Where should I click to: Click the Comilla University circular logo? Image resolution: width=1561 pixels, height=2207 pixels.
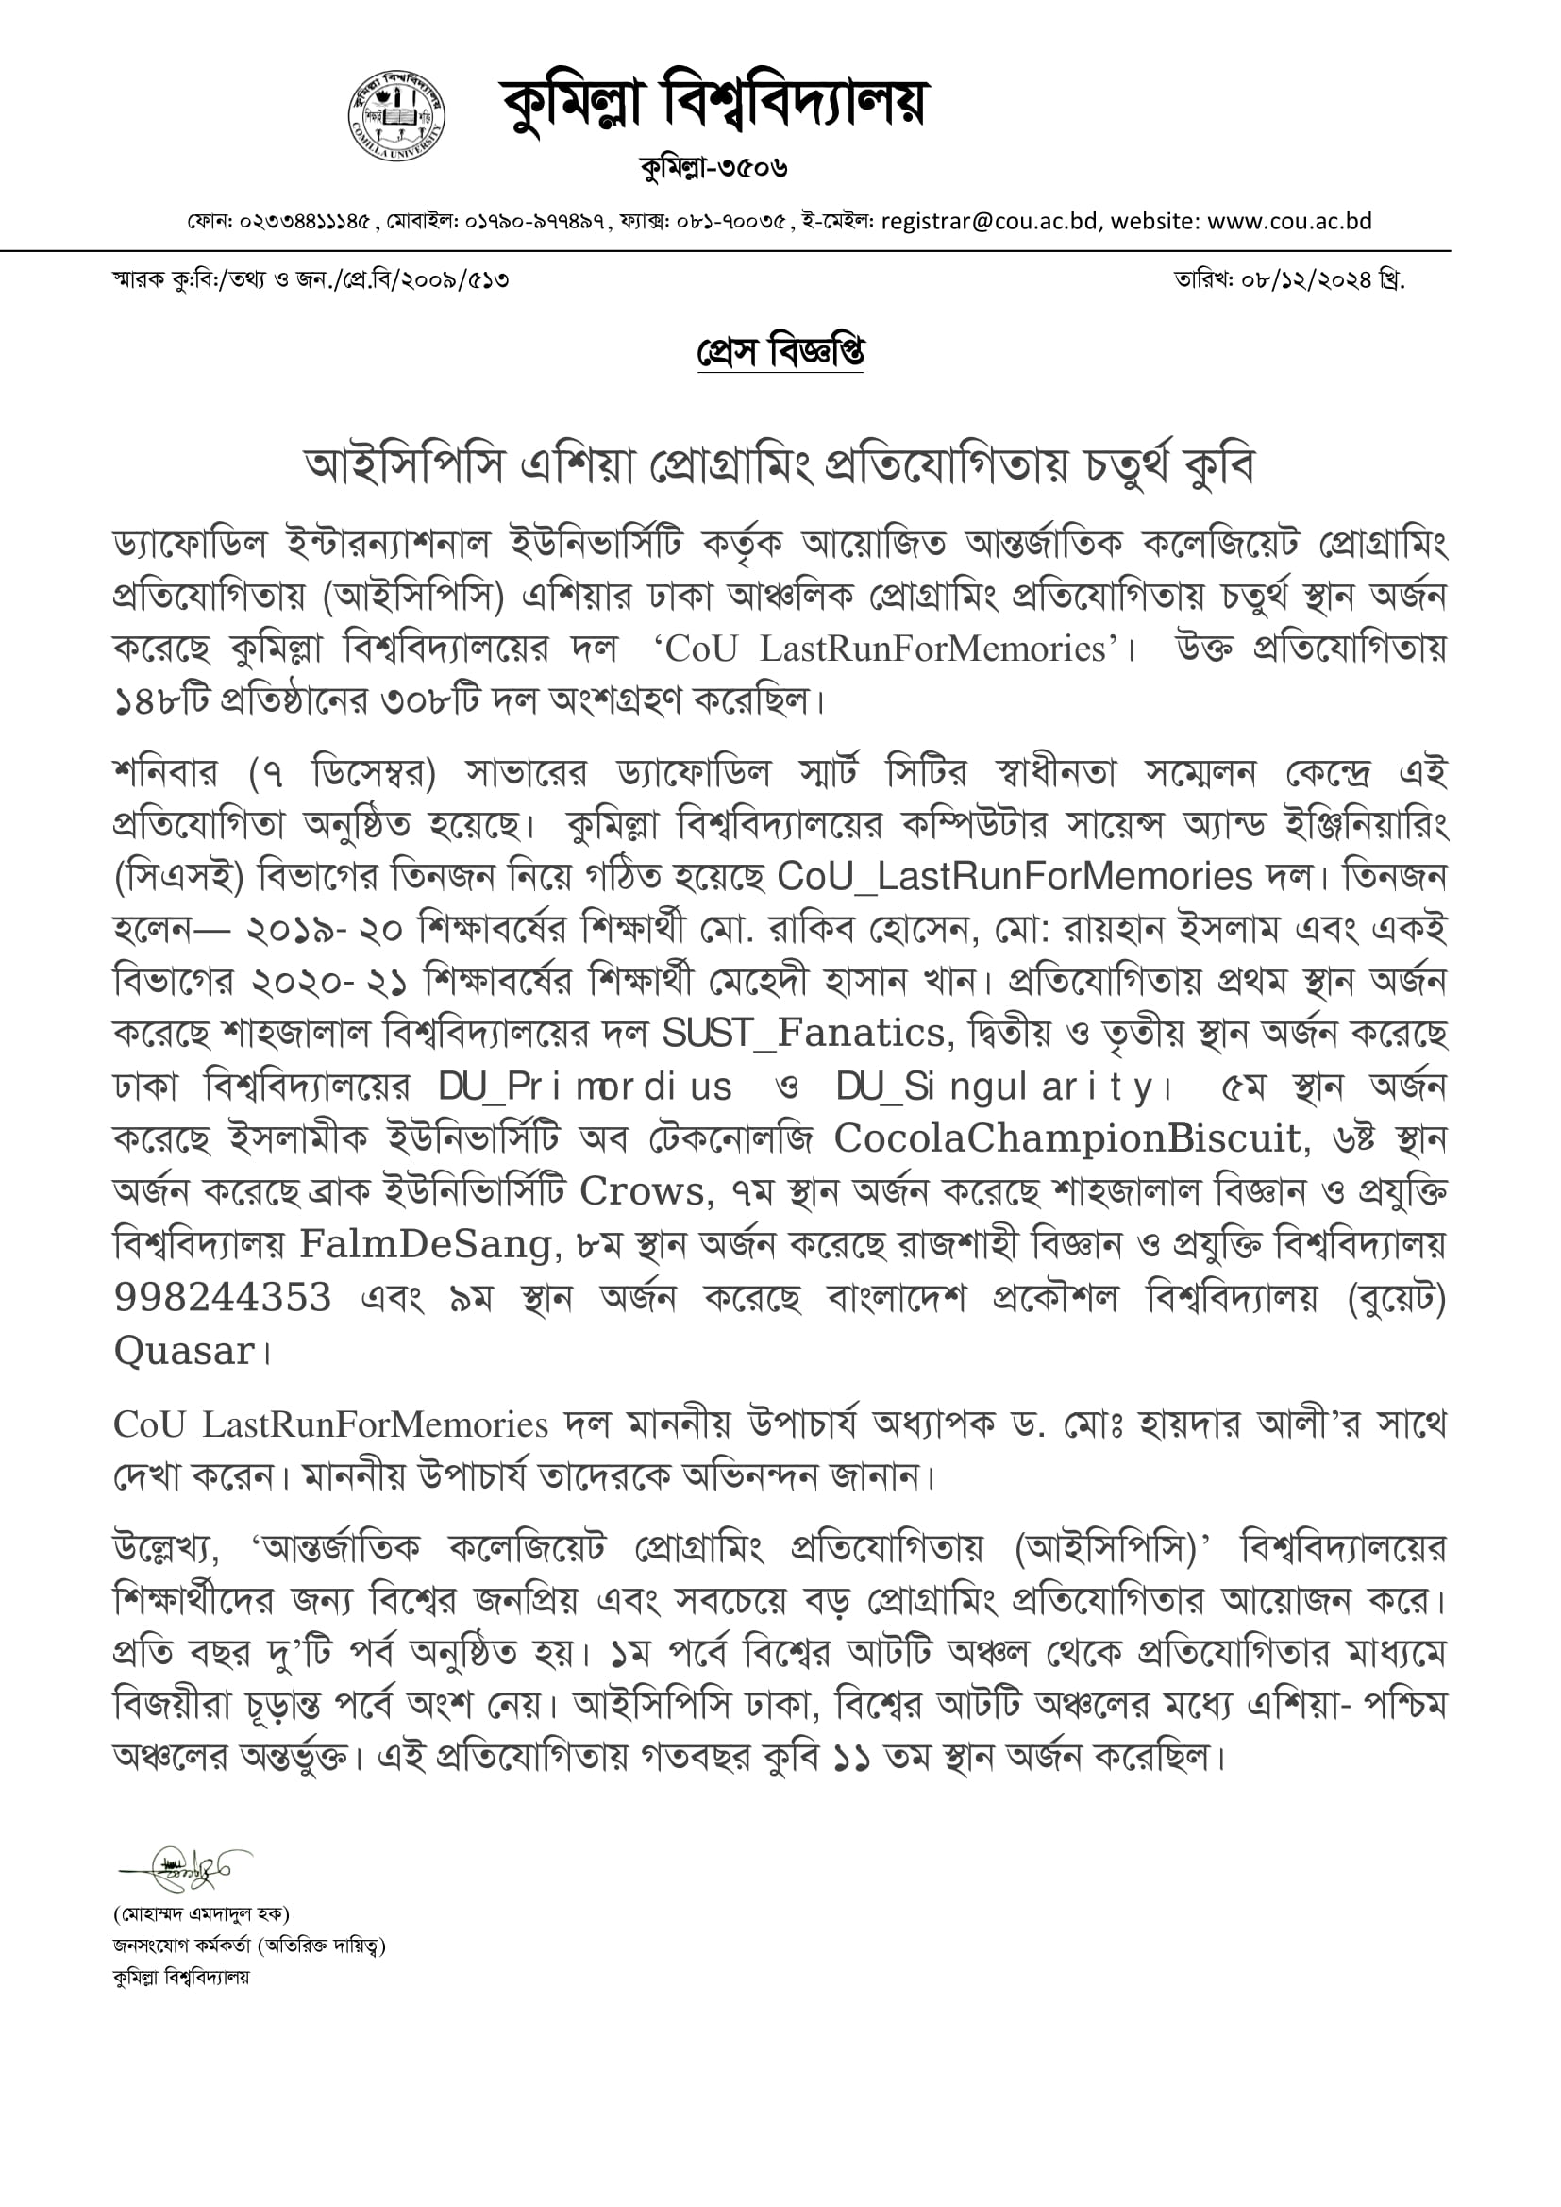coord(396,116)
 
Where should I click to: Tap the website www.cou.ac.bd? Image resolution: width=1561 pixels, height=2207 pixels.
coord(1289,221)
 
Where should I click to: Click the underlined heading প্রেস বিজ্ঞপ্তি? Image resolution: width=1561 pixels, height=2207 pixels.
coord(780,353)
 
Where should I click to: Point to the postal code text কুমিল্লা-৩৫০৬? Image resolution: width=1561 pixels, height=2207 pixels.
coord(714,168)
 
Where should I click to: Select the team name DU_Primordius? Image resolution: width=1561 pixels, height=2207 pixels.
coord(584,1087)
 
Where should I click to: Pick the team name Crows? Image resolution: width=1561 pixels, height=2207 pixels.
coord(641,1191)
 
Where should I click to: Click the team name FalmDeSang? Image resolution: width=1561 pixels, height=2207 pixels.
coord(427,1244)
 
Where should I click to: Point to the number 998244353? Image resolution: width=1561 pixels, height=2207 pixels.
coord(223,1297)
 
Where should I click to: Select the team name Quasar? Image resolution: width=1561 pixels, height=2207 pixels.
coord(184,1351)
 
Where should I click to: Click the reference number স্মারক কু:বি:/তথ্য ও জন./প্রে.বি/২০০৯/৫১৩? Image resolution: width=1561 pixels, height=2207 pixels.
coord(310,280)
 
